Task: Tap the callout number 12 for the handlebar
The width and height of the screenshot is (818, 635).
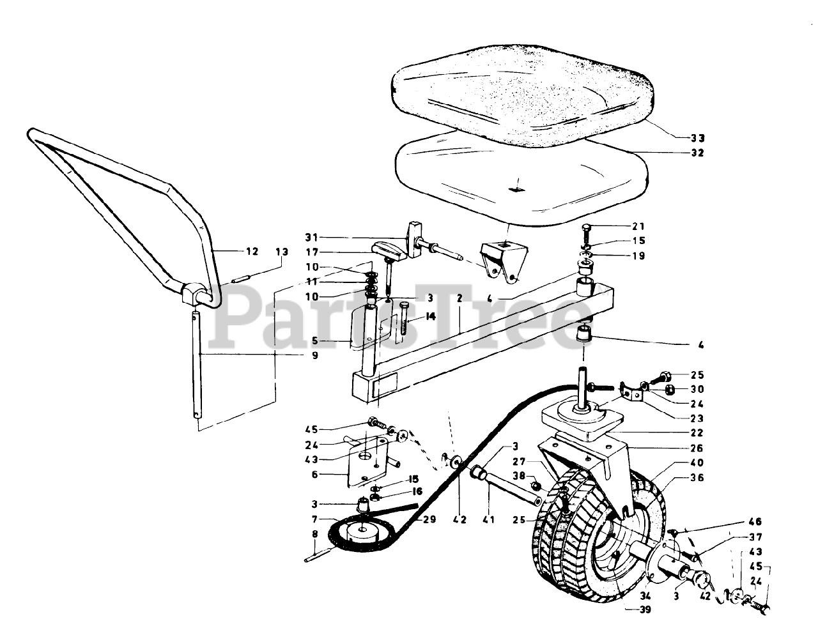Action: click(x=252, y=251)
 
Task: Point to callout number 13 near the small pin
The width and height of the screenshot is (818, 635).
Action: click(x=282, y=251)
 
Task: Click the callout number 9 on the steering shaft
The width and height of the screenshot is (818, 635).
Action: click(x=314, y=355)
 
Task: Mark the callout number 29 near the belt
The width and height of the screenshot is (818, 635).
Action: click(x=429, y=519)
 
